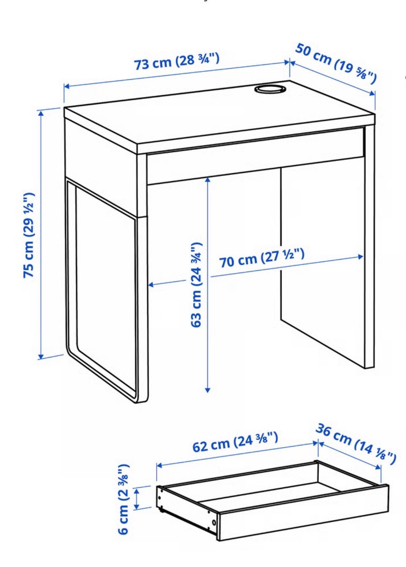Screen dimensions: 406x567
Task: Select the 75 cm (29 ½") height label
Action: [29, 235]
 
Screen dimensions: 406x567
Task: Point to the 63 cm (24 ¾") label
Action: [196, 285]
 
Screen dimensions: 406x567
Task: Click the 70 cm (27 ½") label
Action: [261, 258]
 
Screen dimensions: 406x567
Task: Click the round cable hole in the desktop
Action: [269, 89]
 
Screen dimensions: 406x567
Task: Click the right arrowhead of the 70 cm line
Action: [360, 257]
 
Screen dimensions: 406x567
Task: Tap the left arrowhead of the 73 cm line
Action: [67, 86]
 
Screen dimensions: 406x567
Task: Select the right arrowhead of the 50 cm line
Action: [372, 93]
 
